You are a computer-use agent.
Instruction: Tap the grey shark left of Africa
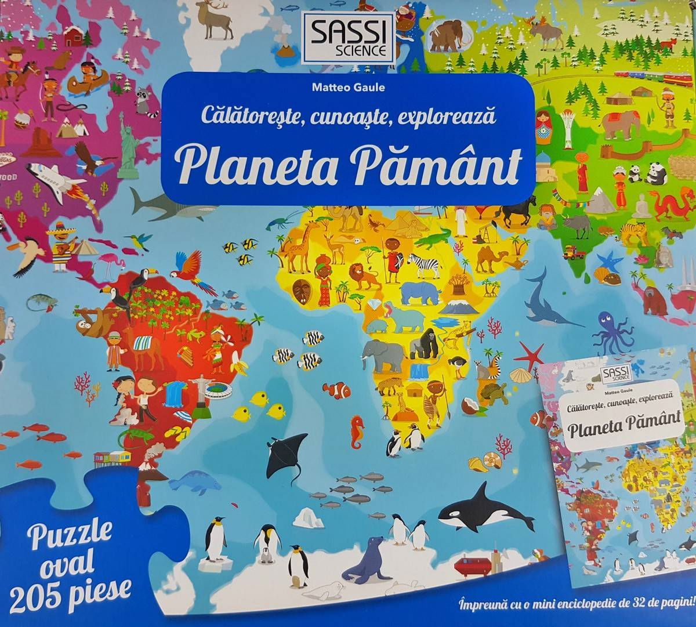[158, 205]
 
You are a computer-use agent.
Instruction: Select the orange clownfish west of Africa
[335, 389]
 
